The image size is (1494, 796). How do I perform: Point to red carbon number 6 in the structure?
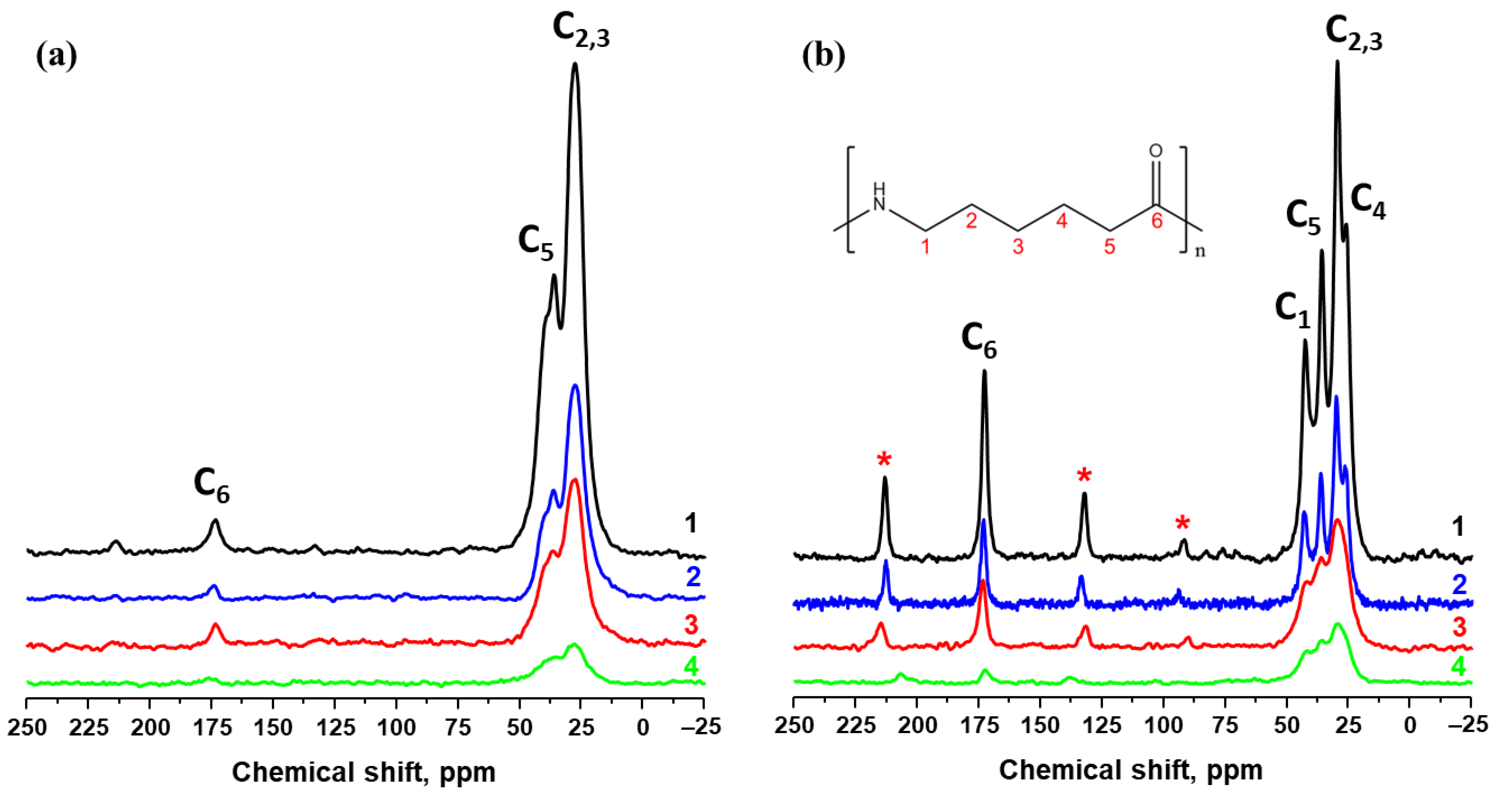coord(1156,220)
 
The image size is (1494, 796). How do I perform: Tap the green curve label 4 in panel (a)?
coord(691,667)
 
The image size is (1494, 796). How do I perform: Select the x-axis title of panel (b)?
coord(1131,770)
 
